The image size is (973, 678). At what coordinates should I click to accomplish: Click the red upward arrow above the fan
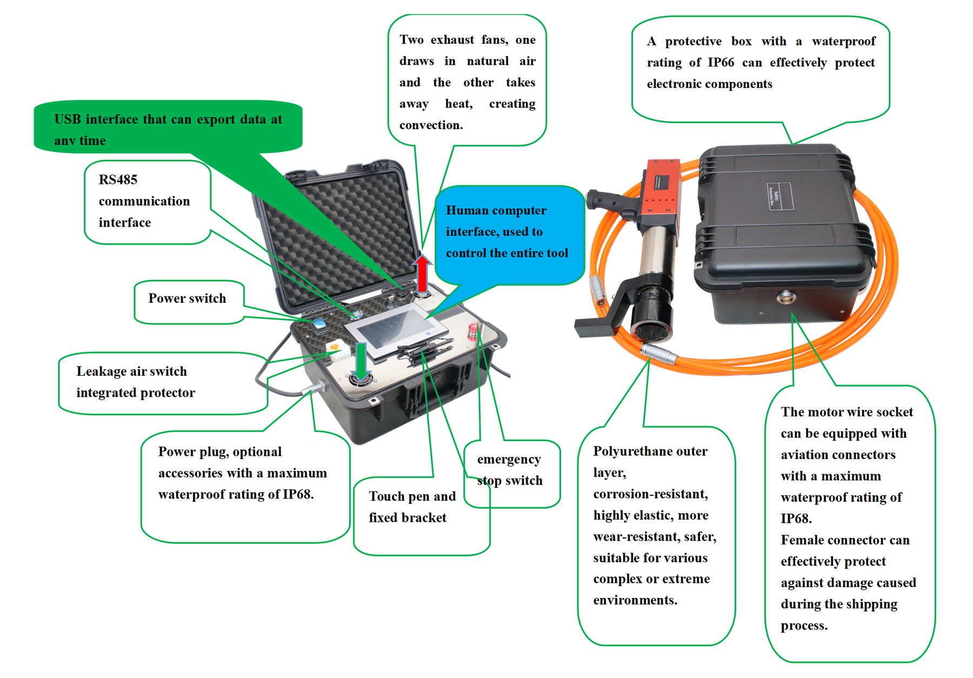pyautogui.click(x=422, y=273)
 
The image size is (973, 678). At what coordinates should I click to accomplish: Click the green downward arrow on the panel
pyautogui.click(x=361, y=360)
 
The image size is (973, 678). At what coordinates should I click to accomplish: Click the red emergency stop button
pyautogui.click(x=474, y=330)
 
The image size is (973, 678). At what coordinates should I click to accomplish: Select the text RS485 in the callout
pyautogui.click(x=118, y=180)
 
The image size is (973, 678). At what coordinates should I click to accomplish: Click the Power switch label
pyautogui.click(x=187, y=298)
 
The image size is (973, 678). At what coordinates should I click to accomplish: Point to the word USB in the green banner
pyautogui.click(x=68, y=119)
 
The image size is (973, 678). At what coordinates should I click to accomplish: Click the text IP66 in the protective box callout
pyautogui.click(x=721, y=63)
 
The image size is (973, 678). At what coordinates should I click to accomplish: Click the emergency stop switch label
pyautogui.click(x=509, y=470)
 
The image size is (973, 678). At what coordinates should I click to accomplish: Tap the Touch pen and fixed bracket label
pyautogui.click(x=412, y=507)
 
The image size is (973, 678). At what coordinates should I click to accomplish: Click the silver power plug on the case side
pyautogui.click(x=314, y=388)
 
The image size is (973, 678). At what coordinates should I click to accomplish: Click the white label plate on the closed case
pyautogui.click(x=778, y=196)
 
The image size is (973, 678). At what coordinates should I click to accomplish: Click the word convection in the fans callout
pyautogui.click(x=430, y=125)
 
